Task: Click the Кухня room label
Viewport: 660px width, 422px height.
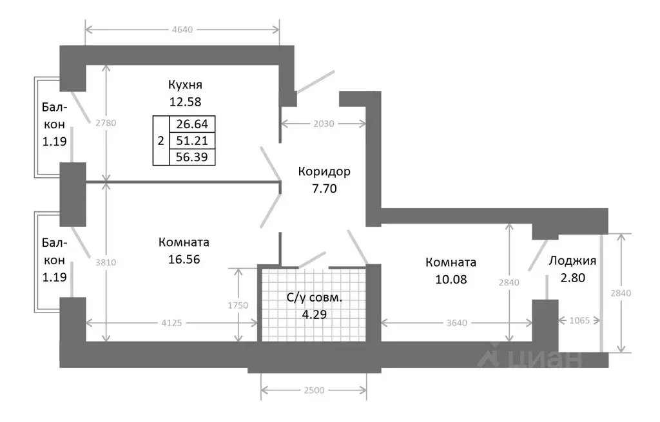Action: click(185, 84)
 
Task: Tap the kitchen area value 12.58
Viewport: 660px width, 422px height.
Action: click(185, 102)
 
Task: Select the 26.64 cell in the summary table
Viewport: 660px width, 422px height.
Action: click(192, 124)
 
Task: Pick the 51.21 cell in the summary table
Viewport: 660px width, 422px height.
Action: click(192, 140)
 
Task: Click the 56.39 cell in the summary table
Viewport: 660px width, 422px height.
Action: click(192, 157)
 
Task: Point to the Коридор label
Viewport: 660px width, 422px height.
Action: click(324, 171)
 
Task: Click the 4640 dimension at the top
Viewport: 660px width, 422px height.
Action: click(182, 30)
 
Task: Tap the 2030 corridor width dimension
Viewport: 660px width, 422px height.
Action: click(324, 124)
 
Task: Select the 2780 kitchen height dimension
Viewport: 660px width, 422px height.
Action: click(106, 123)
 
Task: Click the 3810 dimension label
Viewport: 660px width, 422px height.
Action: click(106, 262)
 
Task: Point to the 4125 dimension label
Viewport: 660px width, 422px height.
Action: click(171, 323)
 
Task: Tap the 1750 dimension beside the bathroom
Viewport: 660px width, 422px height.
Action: click(238, 305)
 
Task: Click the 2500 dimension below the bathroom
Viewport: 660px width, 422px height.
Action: click(314, 390)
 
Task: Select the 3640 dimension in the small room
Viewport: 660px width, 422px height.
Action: click(457, 323)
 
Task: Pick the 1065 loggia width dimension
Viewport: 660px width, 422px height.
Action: click(579, 321)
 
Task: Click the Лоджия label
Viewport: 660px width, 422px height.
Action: click(572, 261)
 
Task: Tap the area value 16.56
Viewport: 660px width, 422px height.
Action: click(184, 260)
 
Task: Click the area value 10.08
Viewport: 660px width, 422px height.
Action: click(451, 280)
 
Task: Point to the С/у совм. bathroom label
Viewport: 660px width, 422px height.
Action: click(315, 298)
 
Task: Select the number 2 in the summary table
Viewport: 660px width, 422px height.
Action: click(160, 140)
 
